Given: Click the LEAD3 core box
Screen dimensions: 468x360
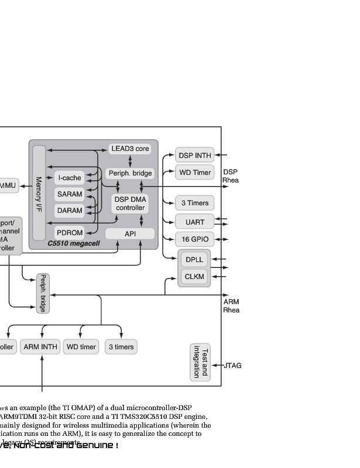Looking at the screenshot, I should (x=130, y=149).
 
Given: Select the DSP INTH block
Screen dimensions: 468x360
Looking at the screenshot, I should (x=194, y=155).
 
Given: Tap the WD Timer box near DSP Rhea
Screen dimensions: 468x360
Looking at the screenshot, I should (x=194, y=173).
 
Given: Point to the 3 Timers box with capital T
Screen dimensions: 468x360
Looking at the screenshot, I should (x=194, y=203).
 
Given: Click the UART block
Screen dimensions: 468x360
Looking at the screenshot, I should (x=194, y=222).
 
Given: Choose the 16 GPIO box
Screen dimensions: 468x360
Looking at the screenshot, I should (x=194, y=239).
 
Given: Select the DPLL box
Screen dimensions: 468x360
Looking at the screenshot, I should (x=194, y=259).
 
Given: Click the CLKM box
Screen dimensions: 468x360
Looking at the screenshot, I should (x=194, y=276).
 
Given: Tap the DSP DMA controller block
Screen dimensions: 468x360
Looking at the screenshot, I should (x=130, y=204).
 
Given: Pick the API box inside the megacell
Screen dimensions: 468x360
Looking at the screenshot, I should (x=130, y=234).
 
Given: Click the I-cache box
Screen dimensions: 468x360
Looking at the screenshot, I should (x=70, y=177).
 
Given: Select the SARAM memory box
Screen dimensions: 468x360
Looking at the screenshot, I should (x=70, y=194).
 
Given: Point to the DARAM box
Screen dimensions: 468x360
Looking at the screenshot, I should (x=70, y=210).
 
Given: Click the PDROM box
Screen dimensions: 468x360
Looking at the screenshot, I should (x=70, y=233).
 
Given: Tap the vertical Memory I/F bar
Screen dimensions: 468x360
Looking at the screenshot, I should (x=39, y=193).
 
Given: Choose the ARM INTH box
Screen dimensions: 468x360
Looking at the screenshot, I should (x=40, y=347).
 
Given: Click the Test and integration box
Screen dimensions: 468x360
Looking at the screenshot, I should (x=200, y=362).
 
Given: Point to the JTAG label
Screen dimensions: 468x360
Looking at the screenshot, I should (x=232, y=366).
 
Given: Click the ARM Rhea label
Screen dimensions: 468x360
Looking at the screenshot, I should (x=231, y=306).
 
